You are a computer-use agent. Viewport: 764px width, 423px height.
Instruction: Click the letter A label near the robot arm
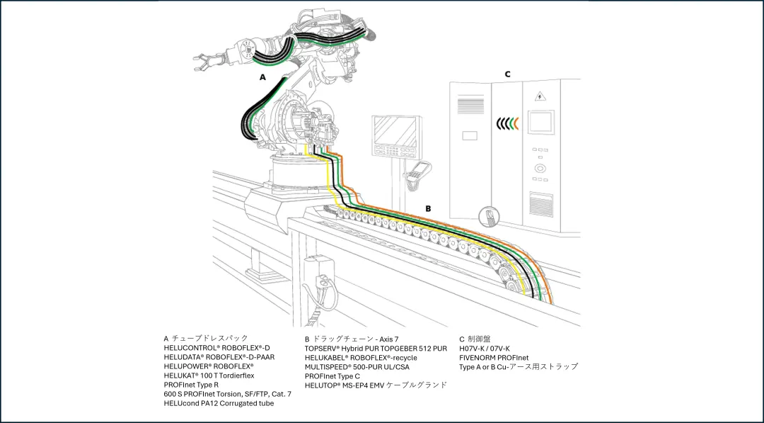pyautogui.click(x=262, y=77)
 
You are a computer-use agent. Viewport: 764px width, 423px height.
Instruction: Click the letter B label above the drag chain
pyautogui.click(x=427, y=208)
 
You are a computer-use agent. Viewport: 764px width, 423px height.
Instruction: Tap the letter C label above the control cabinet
pyautogui.click(x=507, y=74)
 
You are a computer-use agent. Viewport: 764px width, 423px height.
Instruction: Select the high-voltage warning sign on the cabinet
pyautogui.click(x=540, y=97)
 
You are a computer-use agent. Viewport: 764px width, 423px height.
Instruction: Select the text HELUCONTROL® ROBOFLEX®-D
pyautogui.click(x=216, y=348)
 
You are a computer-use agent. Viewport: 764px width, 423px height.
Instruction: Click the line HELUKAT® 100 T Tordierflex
pyautogui.click(x=209, y=376)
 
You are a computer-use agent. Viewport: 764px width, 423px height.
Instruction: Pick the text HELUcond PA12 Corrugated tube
pyautogui.click(x=218, y=403)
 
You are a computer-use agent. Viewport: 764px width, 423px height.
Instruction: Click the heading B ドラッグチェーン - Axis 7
pyautogui.click(x=351, y=339)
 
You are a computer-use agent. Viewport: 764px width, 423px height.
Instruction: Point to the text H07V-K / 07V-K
pyautogui.click(x=484, y=348)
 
